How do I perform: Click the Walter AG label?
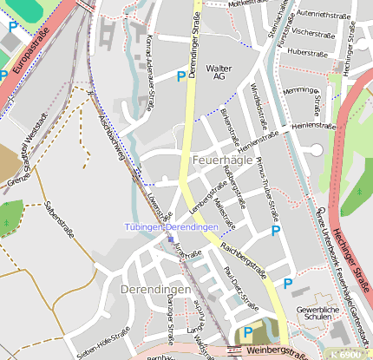[219, 72]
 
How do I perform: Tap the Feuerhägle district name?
[223, 161]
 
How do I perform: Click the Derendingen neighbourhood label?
[156, 288]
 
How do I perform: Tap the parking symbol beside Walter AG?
[180, 76]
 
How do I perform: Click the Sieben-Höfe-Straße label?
[103, 343]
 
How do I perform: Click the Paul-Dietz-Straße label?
[241, 288]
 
